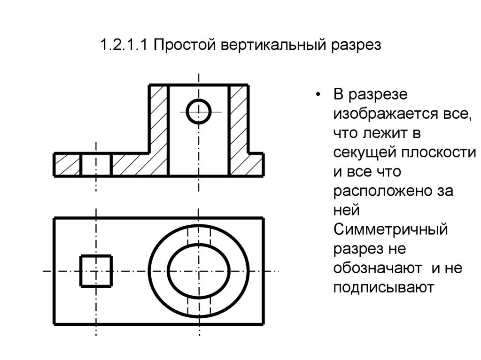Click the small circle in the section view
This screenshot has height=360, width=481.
198,111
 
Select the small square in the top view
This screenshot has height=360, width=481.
96,271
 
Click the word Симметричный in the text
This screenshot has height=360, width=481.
389,230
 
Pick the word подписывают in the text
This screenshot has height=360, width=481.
382,287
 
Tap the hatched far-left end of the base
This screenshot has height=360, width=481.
68,164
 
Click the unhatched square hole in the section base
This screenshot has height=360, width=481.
96,164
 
